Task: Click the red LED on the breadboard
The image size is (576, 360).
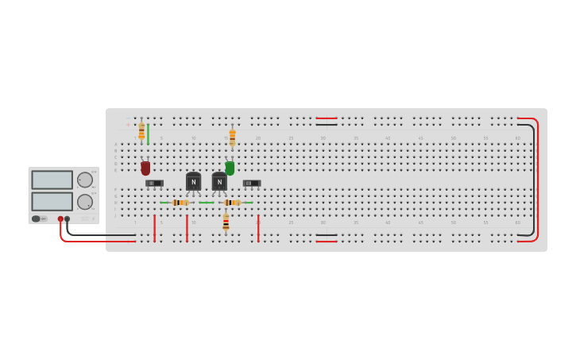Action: pyautogui.click(x=145, y=168)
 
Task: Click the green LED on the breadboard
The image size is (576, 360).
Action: pyautogui.click(x=230, y=168)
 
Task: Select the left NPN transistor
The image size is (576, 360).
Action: pyautogui.click(x=193, y=182)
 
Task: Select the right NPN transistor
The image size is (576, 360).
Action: pyautogui.click(x=219, y=182)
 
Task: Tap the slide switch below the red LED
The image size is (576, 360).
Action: pyautogui.click(x=154, y=184)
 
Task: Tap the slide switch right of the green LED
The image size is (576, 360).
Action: pyautogui.click(x=251, y=184)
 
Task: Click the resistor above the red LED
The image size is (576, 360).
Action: pyautogui.click(x=141, y=131)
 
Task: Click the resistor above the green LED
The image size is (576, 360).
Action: pyautogui.click(x=232, y=137)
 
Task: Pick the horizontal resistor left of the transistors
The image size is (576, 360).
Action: pyautogui.click(x=180, y=203)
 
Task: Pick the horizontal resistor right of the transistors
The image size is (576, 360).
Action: pyautogui.click(x=231, y=203)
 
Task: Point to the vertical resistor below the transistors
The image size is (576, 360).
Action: pyautogui.click(x=226, y=222)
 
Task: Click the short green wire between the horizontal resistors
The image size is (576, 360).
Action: pyautogui.click(x=207, y=203)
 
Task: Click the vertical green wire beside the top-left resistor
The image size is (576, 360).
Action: pyautogui.click(x=148, y=133)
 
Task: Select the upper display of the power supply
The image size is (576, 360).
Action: pyautogui.click(x=52, y=180)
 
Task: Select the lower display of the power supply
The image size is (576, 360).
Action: pyautogui.click(x=52, y=201)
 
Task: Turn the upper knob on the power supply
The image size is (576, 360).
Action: pyautogui.click(x=84, y=180)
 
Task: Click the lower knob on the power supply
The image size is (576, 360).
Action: pyautogui.click(x=84, y=202)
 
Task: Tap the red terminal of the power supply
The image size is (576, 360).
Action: pyautogui.click(x=60, y=219)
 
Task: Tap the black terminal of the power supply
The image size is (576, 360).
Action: pyautogui.click(x=68, y=219)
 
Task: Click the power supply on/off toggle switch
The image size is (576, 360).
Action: pyautogui.click(x=37, y=219)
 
